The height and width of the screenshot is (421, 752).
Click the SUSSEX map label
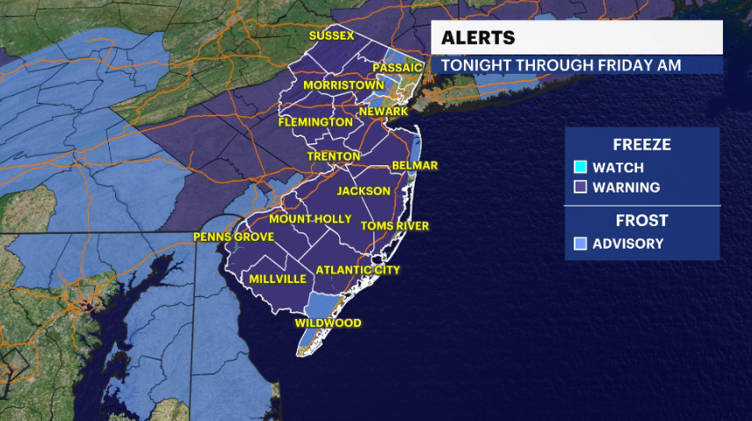pos(330,36)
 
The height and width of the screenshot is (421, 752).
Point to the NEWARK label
pos(383,113)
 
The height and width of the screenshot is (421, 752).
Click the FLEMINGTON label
pos(315,122)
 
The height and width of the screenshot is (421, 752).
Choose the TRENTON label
pos(333,156)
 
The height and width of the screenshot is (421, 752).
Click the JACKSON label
pos(364,191)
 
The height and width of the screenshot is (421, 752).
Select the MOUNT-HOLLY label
pos(310,219)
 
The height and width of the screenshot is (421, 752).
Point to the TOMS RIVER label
pos(395,227)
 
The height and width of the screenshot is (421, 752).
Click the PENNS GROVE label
pos(234,237)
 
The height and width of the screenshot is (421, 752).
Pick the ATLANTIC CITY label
pos(358,270)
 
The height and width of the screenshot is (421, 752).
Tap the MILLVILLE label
pos(278,279)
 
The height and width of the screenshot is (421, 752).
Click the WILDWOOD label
pos(328,323)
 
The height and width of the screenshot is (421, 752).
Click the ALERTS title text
pos(478,38)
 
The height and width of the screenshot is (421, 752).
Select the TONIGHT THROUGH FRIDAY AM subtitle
pos(560,66)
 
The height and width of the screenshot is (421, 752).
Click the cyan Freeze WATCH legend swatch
pos(580,167)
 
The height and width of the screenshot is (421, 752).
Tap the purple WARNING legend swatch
pos(580,187)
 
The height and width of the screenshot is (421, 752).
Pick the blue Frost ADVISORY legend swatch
pos(580,243)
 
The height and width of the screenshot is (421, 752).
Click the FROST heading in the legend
pos(641,221)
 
